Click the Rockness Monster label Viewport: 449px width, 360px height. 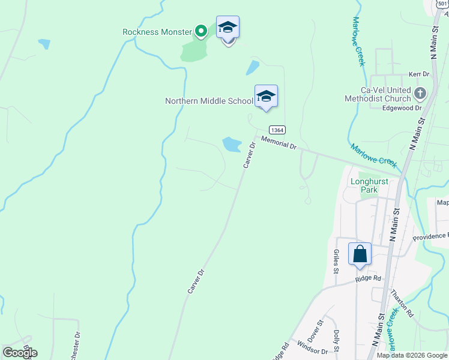(x=157, y=32)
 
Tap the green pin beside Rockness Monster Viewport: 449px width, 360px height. (x=201, y=31)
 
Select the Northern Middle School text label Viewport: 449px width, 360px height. (x=209, y=101)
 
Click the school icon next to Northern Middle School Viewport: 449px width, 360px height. (x=266, y=96)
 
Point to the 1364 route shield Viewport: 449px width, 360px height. (x=277, y=130)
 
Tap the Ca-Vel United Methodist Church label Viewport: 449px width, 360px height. (x=378, y=94)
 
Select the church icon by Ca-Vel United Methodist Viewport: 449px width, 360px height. (x=420, y=93)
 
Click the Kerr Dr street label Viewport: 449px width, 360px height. (x=419, y=74)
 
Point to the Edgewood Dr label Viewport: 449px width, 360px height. (x=402, y=108)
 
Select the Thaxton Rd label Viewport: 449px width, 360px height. (x=402, y=304)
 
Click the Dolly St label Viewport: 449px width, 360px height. (x=337, y=341)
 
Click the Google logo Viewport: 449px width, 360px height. (x=20, y=353)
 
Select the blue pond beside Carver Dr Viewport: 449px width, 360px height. (x=232, y=144)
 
